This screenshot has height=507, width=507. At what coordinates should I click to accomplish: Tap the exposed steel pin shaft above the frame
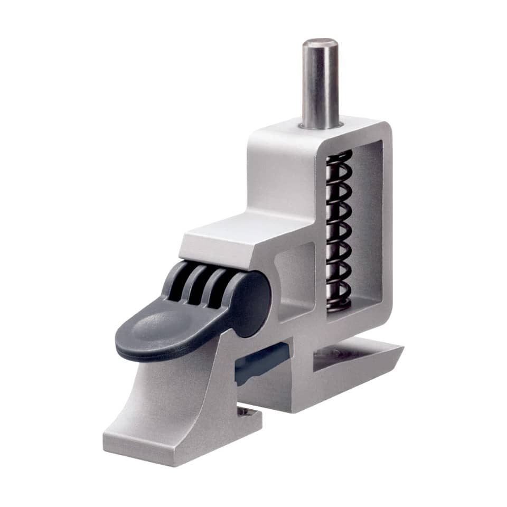tap(320, 84)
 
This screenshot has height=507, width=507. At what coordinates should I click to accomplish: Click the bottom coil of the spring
tap(339, 302)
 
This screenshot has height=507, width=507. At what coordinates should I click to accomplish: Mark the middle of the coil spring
tap(339, 230)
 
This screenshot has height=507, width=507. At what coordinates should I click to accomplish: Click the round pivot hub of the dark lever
tap(252, 304)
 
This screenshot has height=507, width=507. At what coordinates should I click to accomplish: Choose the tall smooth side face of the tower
tap(275, 174)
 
